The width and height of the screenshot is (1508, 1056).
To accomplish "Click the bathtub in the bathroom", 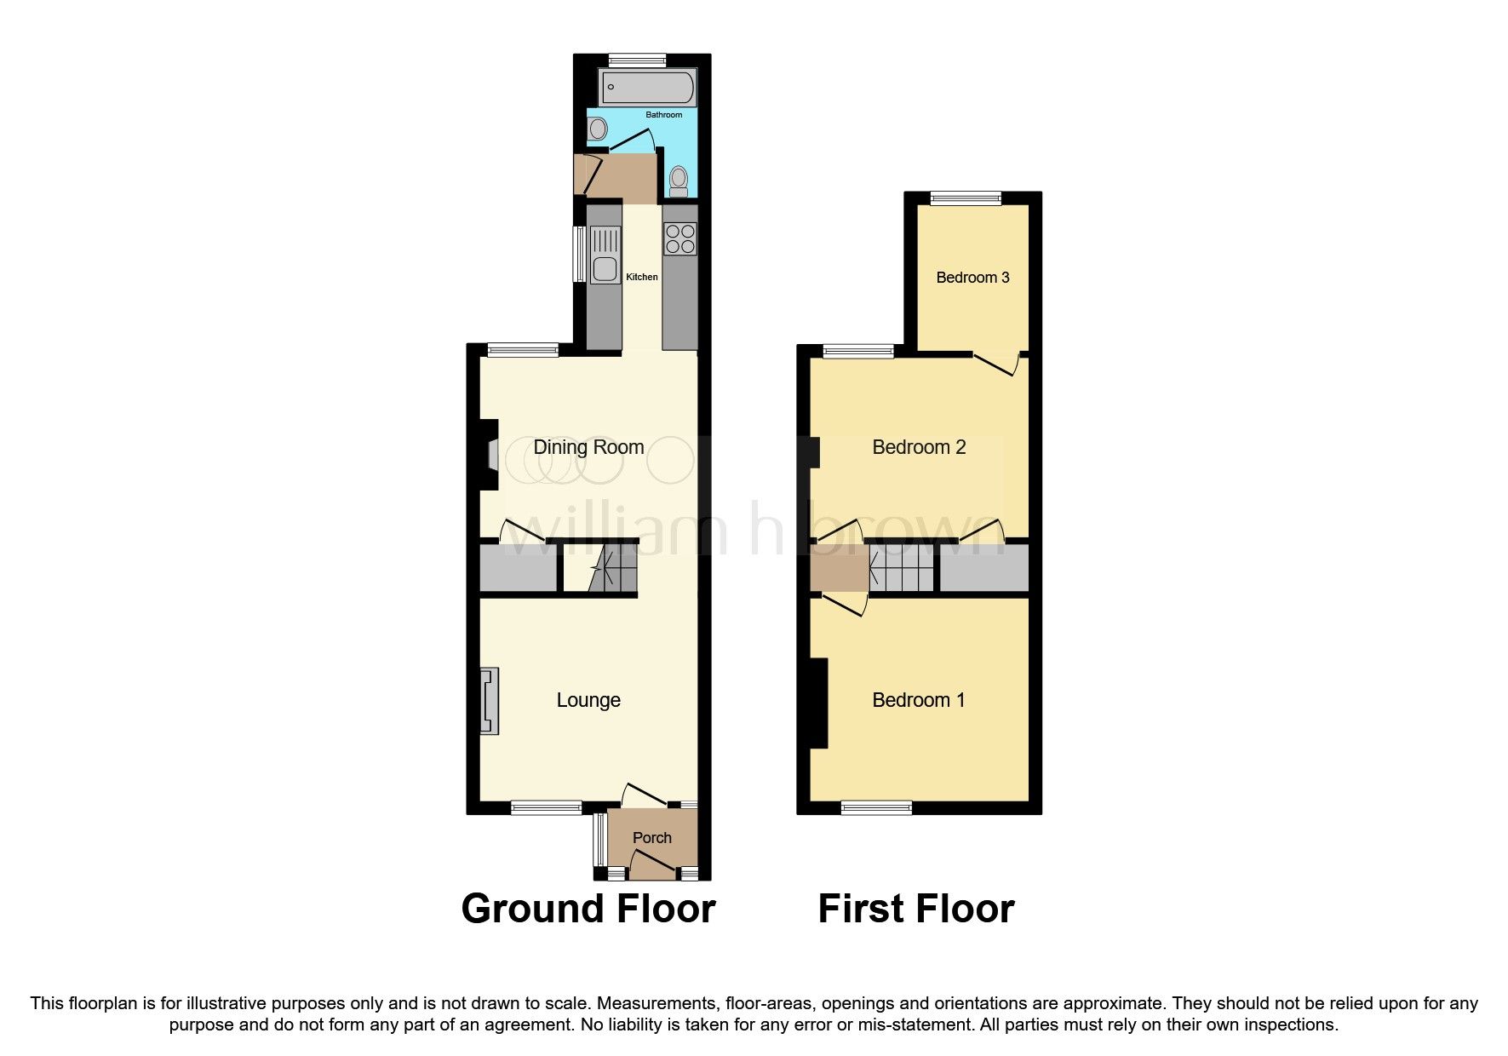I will click(x=648, y=88).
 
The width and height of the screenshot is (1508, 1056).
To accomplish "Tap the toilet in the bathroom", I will click(x=679, y=180).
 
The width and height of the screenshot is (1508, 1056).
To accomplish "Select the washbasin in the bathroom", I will click(x=598, y=129).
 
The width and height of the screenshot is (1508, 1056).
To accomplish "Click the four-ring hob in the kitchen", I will click(x=680, y=238).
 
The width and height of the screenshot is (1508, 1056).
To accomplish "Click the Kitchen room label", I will click(x=642, y=277).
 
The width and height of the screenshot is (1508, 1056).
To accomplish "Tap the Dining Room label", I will click(x=588, y=447).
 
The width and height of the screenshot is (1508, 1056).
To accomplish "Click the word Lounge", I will click(x=588, y=700).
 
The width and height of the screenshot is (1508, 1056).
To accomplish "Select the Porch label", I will click(x=652, y=838).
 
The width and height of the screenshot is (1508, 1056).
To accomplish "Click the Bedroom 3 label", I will click(x=972, y=278).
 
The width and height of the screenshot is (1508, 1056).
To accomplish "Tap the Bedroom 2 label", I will click(x=919, y=447).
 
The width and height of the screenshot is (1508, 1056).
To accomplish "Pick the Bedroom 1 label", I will click(x=919, y=700).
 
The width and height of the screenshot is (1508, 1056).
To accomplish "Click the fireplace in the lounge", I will click(x=489, y=701).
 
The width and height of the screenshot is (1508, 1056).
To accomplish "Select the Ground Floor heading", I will click(x=588, y=909).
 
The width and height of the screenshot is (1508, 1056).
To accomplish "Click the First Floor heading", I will click(x=916, y=909).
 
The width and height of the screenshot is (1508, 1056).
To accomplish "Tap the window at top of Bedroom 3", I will click(x=966, y=198).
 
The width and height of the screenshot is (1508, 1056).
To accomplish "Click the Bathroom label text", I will click(x=663, y=115).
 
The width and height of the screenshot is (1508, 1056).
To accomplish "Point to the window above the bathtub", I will click(x=637, y=60).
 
